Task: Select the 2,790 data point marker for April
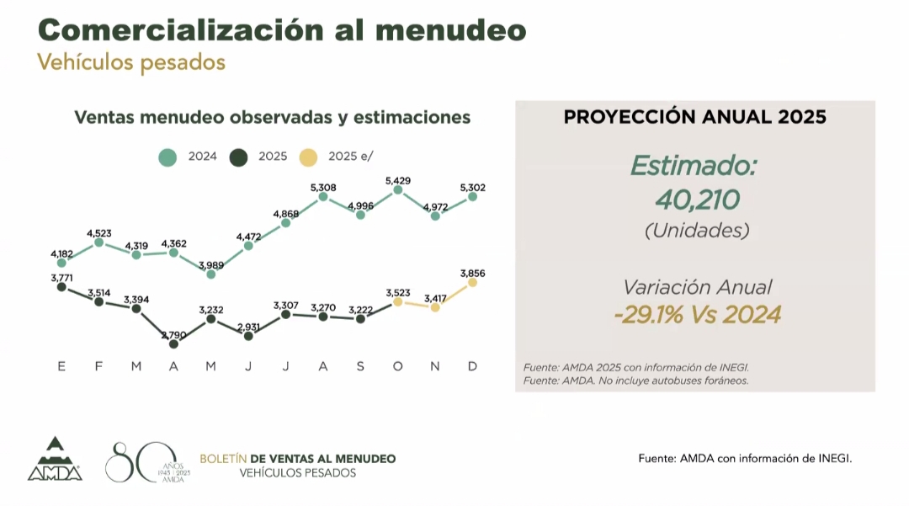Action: click(x=173, y=343)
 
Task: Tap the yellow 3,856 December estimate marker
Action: click(x=472, y=283)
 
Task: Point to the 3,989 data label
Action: click(x=210, y=265)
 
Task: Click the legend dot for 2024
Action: click(x=167, y=157)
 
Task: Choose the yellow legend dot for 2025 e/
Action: click(x=309, y=157)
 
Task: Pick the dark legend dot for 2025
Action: click(x=239, y=157)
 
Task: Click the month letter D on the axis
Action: click(x=472, y=366)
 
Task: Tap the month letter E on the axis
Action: click(x=61, y=366)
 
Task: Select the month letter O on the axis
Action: click(x=397, y=366)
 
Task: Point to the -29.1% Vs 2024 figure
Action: click(x=697, y=315)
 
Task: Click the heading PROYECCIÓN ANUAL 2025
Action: click(x=694, y=117)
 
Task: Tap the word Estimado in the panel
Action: click(x=694, y=165)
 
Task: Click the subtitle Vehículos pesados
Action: click(x=131, y=62)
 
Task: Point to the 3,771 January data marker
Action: click(x=61, y=286)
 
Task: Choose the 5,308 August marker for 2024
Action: click(x=323, y=197)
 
